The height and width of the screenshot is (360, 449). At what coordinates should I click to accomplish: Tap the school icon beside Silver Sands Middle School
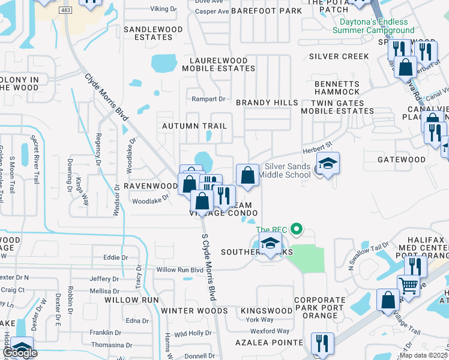pos(328,164)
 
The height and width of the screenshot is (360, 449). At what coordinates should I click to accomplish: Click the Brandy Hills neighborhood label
pos(267,103)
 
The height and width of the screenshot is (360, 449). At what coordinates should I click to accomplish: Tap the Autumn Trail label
pos(194,126)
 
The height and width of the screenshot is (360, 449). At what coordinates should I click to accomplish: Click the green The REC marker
pos(295,229)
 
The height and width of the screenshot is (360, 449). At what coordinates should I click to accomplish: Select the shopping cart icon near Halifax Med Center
pos(409,286)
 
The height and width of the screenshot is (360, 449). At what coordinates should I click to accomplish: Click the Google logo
pos(20,353)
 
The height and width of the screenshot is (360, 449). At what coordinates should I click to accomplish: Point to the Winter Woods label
pos(194,311)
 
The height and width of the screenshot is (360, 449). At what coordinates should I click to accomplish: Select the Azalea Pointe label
pos(270,342)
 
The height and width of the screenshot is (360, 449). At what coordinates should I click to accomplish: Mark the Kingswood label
pos(266,311)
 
